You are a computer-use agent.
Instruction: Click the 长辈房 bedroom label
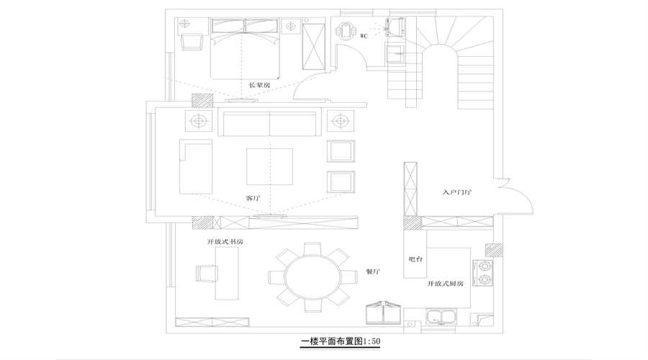coord(259,85)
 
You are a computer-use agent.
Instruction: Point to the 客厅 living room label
coord(252,197)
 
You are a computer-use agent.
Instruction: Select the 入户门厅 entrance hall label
coord(456,193)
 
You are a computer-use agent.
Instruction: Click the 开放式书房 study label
coord(225,242)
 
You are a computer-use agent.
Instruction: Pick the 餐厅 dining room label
coord(373,271)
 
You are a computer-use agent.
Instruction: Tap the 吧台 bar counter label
coord(415,258)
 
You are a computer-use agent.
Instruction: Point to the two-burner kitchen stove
coord(482,271)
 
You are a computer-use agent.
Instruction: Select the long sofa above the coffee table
coord(271,124)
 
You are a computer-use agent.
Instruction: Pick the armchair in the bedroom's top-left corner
coord(192,40)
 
